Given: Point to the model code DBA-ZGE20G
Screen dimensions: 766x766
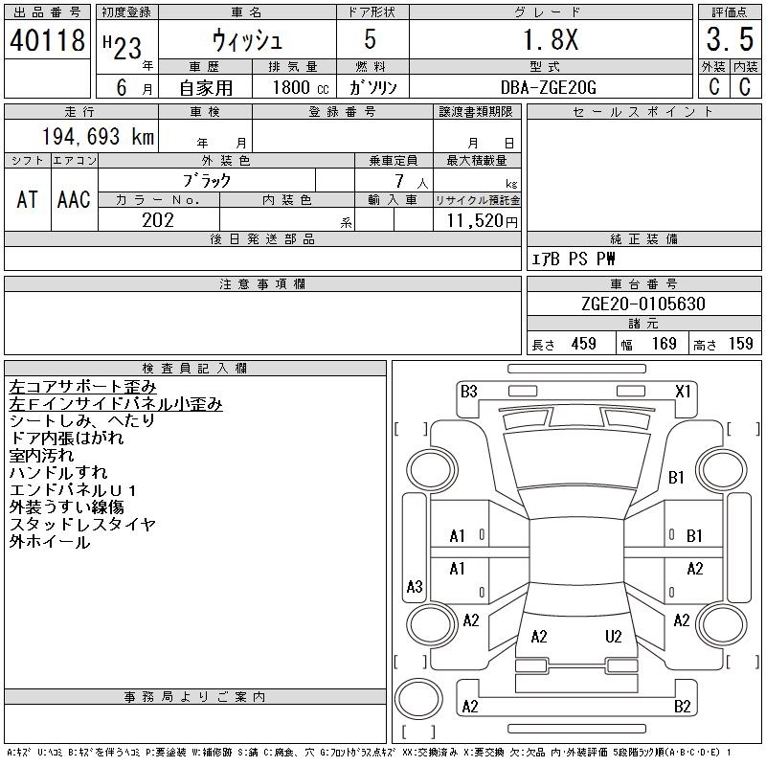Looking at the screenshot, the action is click(550, 86).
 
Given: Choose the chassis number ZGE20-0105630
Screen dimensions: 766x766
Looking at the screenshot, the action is click(642, 304).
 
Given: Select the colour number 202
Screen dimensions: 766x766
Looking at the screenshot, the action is click(157, 219).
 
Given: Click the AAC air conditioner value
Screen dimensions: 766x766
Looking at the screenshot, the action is click(74, 199).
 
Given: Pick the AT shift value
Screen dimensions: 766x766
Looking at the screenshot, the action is click(28, 199).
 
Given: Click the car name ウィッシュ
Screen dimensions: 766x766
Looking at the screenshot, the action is click(246, 40).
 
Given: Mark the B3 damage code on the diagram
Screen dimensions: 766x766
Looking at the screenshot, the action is click(468, 391).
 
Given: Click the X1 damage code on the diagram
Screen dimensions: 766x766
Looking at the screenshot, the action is click(683, 391).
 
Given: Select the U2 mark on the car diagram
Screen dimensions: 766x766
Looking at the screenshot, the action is click(614, 636).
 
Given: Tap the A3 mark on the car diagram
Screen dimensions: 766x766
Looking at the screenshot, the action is click(415, 586).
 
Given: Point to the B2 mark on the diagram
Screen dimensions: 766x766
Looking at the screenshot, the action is click(682, 707).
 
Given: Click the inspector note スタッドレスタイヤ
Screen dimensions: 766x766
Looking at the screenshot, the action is click(82, 525).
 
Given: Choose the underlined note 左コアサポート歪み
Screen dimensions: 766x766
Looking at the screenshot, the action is click(82, 387).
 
